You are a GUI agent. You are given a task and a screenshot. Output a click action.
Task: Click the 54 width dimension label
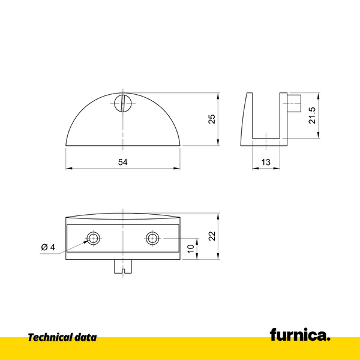click(123, 163)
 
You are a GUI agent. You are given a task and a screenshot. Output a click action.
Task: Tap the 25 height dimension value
click(211, 119)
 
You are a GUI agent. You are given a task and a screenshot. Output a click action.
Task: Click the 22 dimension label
click(211, 236)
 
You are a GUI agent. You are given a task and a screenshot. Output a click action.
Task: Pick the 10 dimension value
click(191, 248)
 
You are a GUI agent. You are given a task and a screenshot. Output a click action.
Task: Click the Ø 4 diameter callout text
click(48, 247)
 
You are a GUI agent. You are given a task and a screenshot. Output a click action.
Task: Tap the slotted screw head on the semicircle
click(123, 103)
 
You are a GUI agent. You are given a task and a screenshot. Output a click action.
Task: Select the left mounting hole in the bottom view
click(93, 238)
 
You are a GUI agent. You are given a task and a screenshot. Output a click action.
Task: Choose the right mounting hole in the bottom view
click(152, 238)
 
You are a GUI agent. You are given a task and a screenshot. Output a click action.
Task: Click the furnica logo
click(299, 335)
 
